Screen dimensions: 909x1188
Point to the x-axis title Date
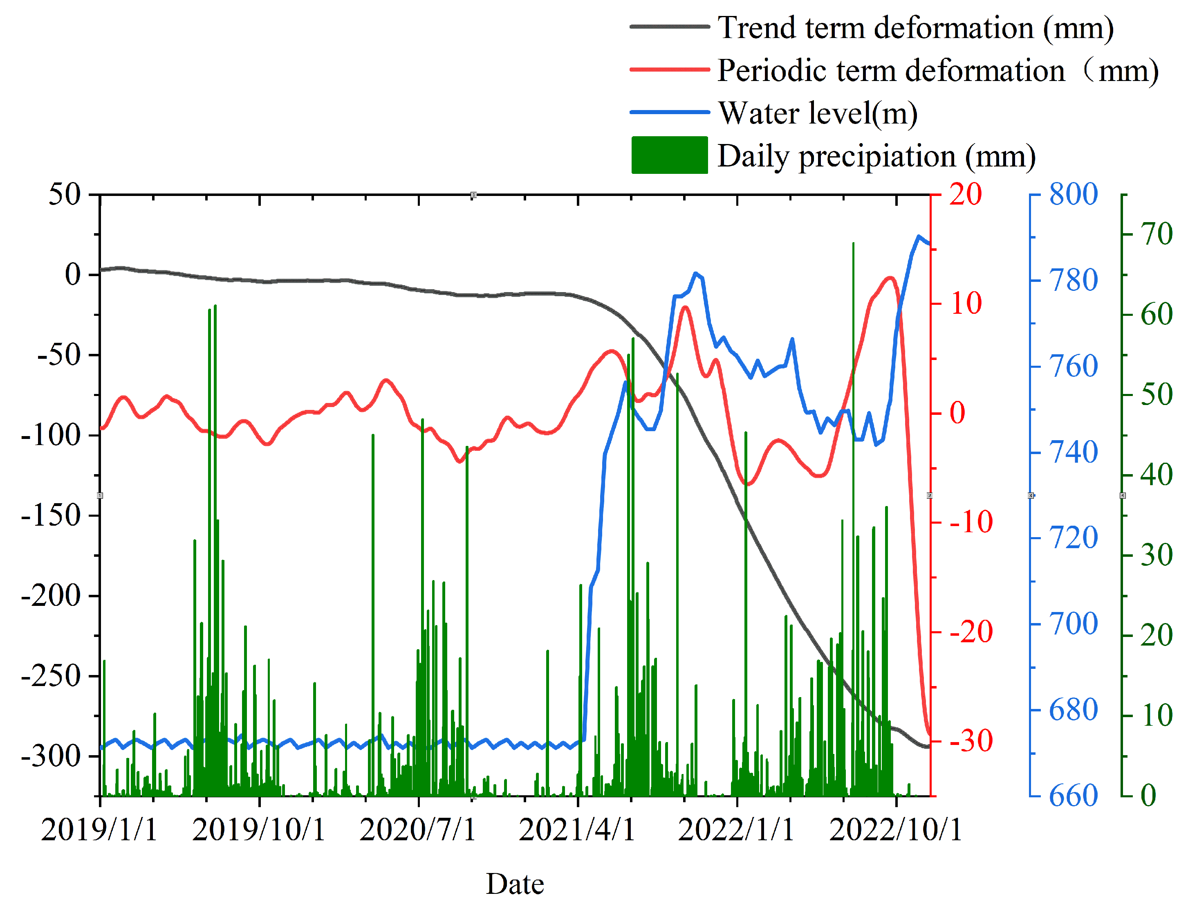click(x=514, y=884)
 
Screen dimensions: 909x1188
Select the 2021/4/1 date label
click(x=577, y=830)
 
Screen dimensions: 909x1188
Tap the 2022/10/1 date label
click(x=895, y=830)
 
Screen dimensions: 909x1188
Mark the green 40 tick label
click(x=1156, y=475)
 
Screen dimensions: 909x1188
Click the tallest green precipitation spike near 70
click(x=853, y=245)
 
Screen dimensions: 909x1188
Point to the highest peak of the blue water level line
click(x=918, y=236)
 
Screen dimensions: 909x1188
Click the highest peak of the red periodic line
click(x=890, y=278)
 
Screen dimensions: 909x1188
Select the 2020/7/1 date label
click(x=417, y=830)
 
